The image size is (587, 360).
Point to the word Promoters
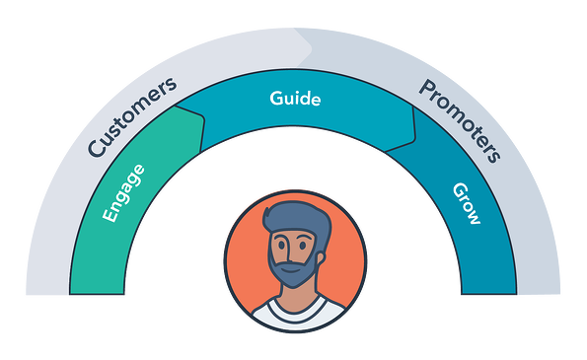click(460, 119)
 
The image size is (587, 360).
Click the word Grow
click(465, 204)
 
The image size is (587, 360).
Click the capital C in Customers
click(96, 149)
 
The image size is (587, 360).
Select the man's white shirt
click(293, 315)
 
